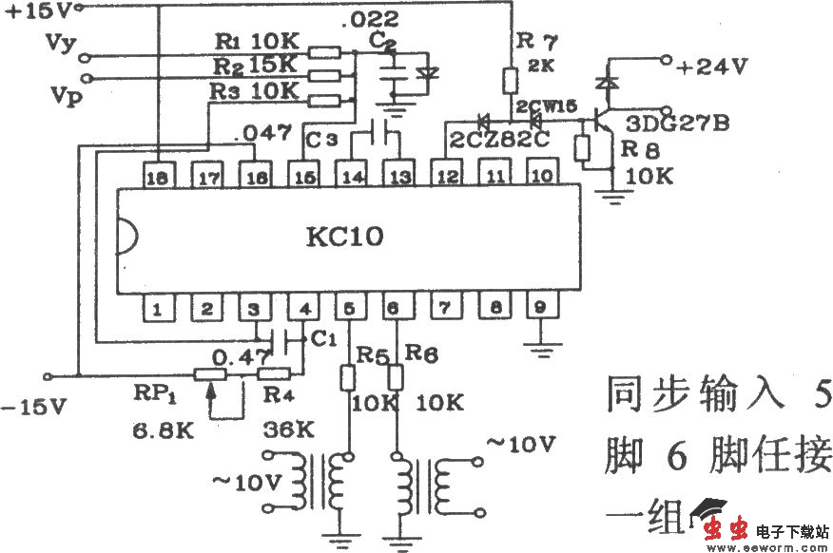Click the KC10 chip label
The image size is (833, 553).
click(x=344, y=236)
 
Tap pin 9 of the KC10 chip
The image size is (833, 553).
click(x=540, y=308)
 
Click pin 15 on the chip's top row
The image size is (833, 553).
click(x=303, y=176)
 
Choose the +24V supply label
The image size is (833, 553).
click(x=712, y=66)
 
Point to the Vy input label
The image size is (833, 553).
click(x=59, y=44)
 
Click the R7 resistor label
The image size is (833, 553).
click(x=533, y=40)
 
